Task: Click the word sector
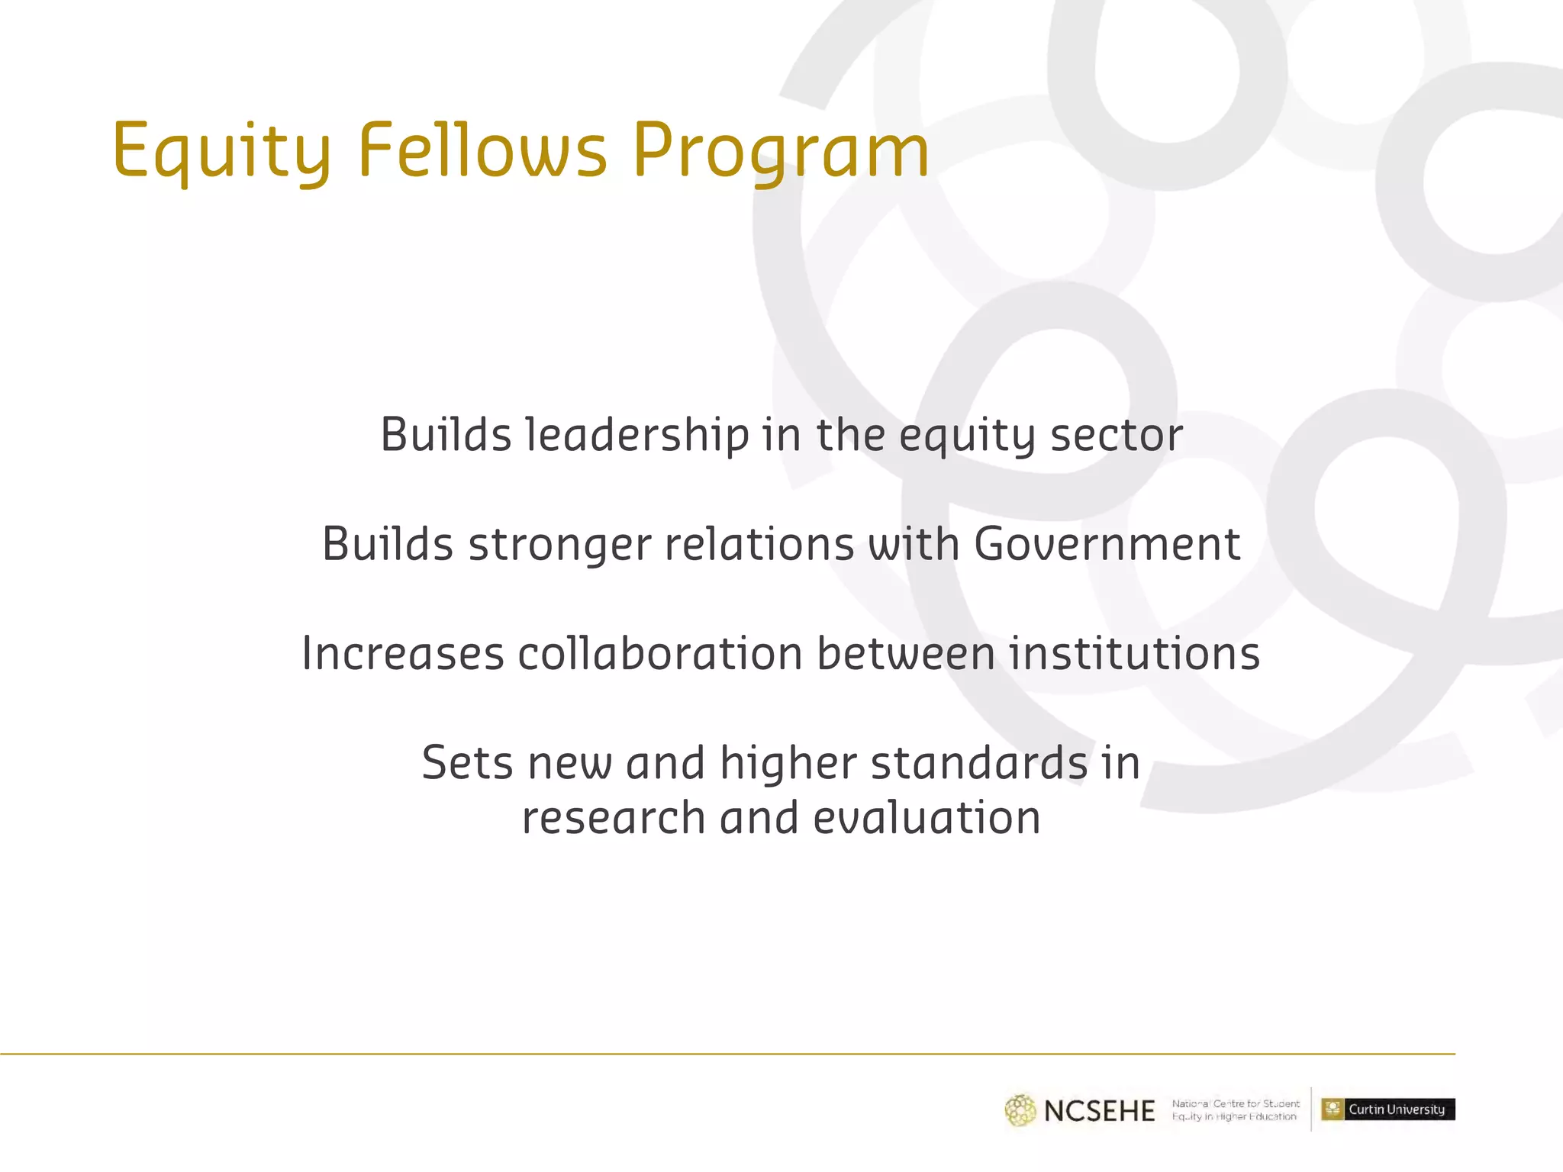[1117, 436]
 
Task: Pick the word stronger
[560, 546]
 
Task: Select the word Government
[1107, 545]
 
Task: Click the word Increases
[403, 654]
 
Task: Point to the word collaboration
[660, 654]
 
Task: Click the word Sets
[468, 763]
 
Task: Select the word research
[614, 819]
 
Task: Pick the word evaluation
[927, 819]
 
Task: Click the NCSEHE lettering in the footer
[1099, 1111]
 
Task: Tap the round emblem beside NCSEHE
[1020, 1110]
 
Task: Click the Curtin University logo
[1388, 1109]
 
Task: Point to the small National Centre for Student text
[1236, 1103]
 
